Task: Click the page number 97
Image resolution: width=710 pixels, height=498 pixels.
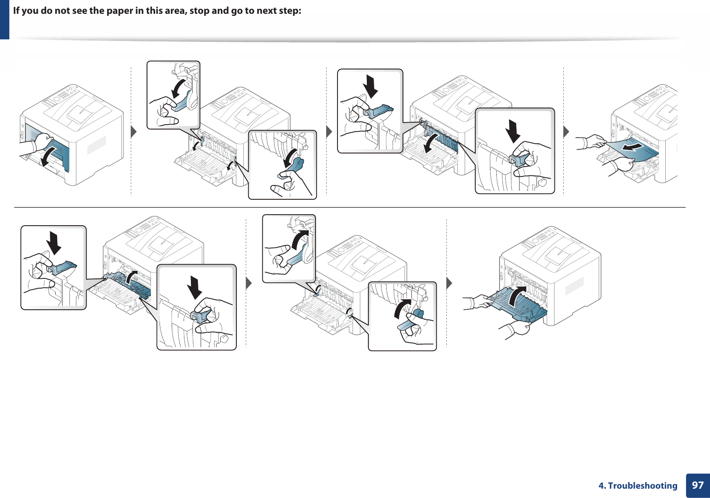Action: (697, 485)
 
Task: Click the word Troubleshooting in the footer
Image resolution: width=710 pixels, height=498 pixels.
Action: (643, 486)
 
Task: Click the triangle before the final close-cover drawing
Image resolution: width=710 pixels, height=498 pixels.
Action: (449, 283)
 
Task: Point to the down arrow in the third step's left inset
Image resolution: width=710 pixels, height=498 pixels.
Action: (370, 86)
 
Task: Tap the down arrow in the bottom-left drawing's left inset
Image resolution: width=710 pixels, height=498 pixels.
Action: (54, 242)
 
